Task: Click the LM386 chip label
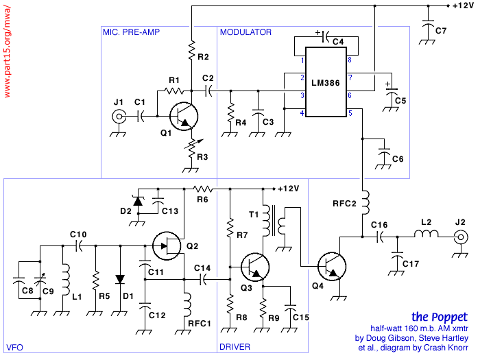[326, 83]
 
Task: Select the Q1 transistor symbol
[184, 117]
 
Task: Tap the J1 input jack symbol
[119, 117]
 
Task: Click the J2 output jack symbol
[461, 237]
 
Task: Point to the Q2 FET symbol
[167, 245]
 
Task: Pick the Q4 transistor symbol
[332, 266]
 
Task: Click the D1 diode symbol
[120, 279]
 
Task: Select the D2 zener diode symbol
[138, 201]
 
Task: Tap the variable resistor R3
[192, 148]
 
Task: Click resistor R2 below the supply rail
[191, 50]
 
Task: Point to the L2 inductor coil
[426, 234]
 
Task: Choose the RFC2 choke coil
[365, 203]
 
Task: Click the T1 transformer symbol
[274, 220]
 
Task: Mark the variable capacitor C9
[40, 280]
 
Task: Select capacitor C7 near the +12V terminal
[428, 25]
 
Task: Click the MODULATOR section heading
[245, 32]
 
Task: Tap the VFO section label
[14, 348]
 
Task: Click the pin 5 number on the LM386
[350, 113]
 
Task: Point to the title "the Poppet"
[440, 317]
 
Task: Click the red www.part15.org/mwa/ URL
[7, 51]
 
